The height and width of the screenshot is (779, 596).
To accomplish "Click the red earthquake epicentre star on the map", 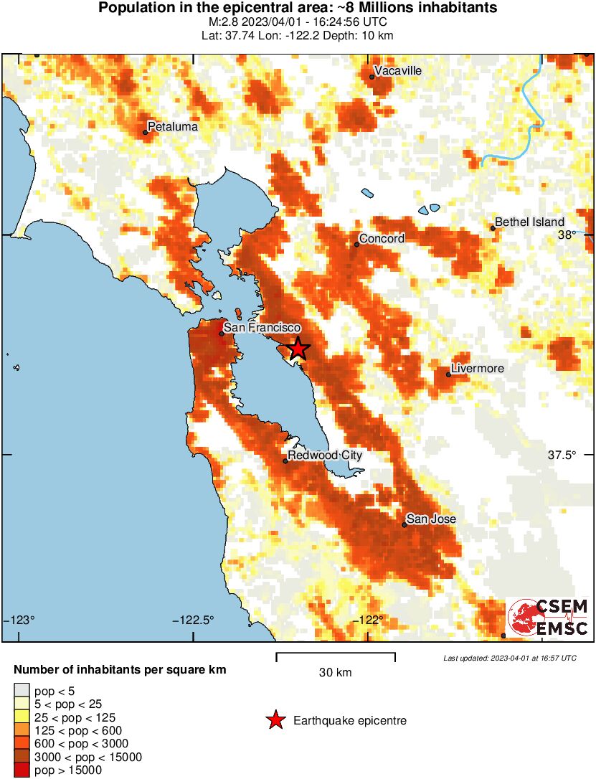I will pos(298,349).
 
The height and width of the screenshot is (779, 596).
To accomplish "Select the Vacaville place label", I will pos(398,70).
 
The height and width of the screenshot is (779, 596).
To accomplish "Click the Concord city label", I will pos(382,238).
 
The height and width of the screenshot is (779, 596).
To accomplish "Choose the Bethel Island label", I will pos(529,222).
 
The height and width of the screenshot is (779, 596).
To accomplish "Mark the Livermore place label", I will pos(477,369).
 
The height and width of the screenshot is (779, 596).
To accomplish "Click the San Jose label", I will pos(431,519).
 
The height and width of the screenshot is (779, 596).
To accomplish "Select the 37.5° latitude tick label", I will pos(562,455).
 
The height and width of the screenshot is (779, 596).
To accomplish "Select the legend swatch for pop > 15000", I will pos(22,770).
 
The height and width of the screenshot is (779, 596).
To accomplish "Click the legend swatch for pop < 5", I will pos(22,691).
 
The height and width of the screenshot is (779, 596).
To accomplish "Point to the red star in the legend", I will pos(275,721).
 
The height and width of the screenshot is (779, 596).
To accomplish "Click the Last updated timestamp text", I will pos(509,658).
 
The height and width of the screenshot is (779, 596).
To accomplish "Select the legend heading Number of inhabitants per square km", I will pos(120,670).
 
